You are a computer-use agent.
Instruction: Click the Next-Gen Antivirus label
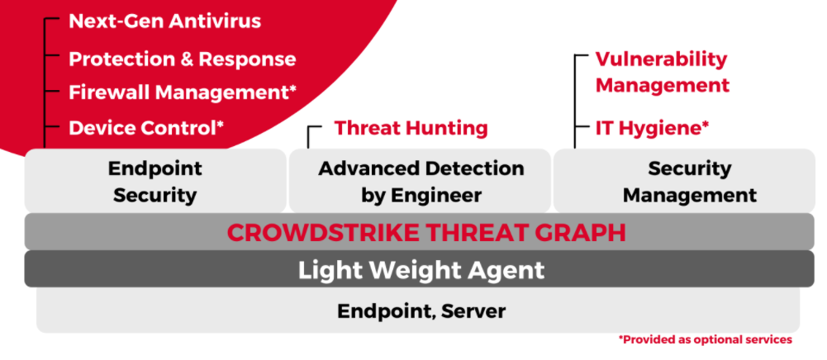tap(165, 21)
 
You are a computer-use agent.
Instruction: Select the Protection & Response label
tap(183, 59)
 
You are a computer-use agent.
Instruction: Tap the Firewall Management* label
tap(183, 92)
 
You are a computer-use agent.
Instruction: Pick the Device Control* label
tap(146, 127)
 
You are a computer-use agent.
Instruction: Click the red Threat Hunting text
tap(411, 127)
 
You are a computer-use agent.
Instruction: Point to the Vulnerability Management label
tap(663, 72)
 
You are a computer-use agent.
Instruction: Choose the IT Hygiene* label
tap(653, 127)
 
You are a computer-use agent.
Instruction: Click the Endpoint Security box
tap(155, 181)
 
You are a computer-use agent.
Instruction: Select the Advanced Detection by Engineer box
tap(421, 181)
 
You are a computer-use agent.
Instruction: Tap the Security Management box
tap(684, 181)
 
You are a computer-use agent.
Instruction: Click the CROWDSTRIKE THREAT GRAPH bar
tap(420, 232)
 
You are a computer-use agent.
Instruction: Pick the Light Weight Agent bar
tap(420, 269)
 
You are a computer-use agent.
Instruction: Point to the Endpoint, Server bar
tap(418, 310)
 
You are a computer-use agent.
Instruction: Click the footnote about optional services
tap(706, 340)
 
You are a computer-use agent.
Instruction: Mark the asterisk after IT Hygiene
tap(706, 125)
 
